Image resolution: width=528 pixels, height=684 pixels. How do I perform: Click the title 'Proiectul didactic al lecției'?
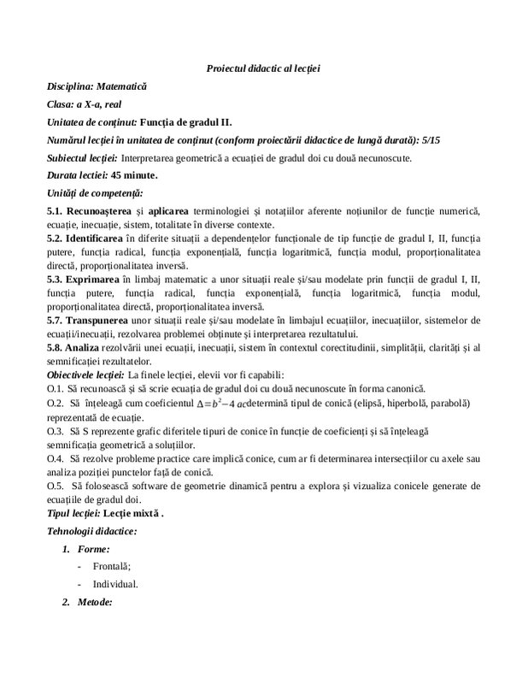click(263, 68)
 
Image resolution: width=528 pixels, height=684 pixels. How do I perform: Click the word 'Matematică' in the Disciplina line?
click(122, 86)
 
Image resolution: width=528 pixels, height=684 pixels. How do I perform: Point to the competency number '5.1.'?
click(57, 210)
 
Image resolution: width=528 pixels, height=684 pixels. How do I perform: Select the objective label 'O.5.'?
click(56, 486)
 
